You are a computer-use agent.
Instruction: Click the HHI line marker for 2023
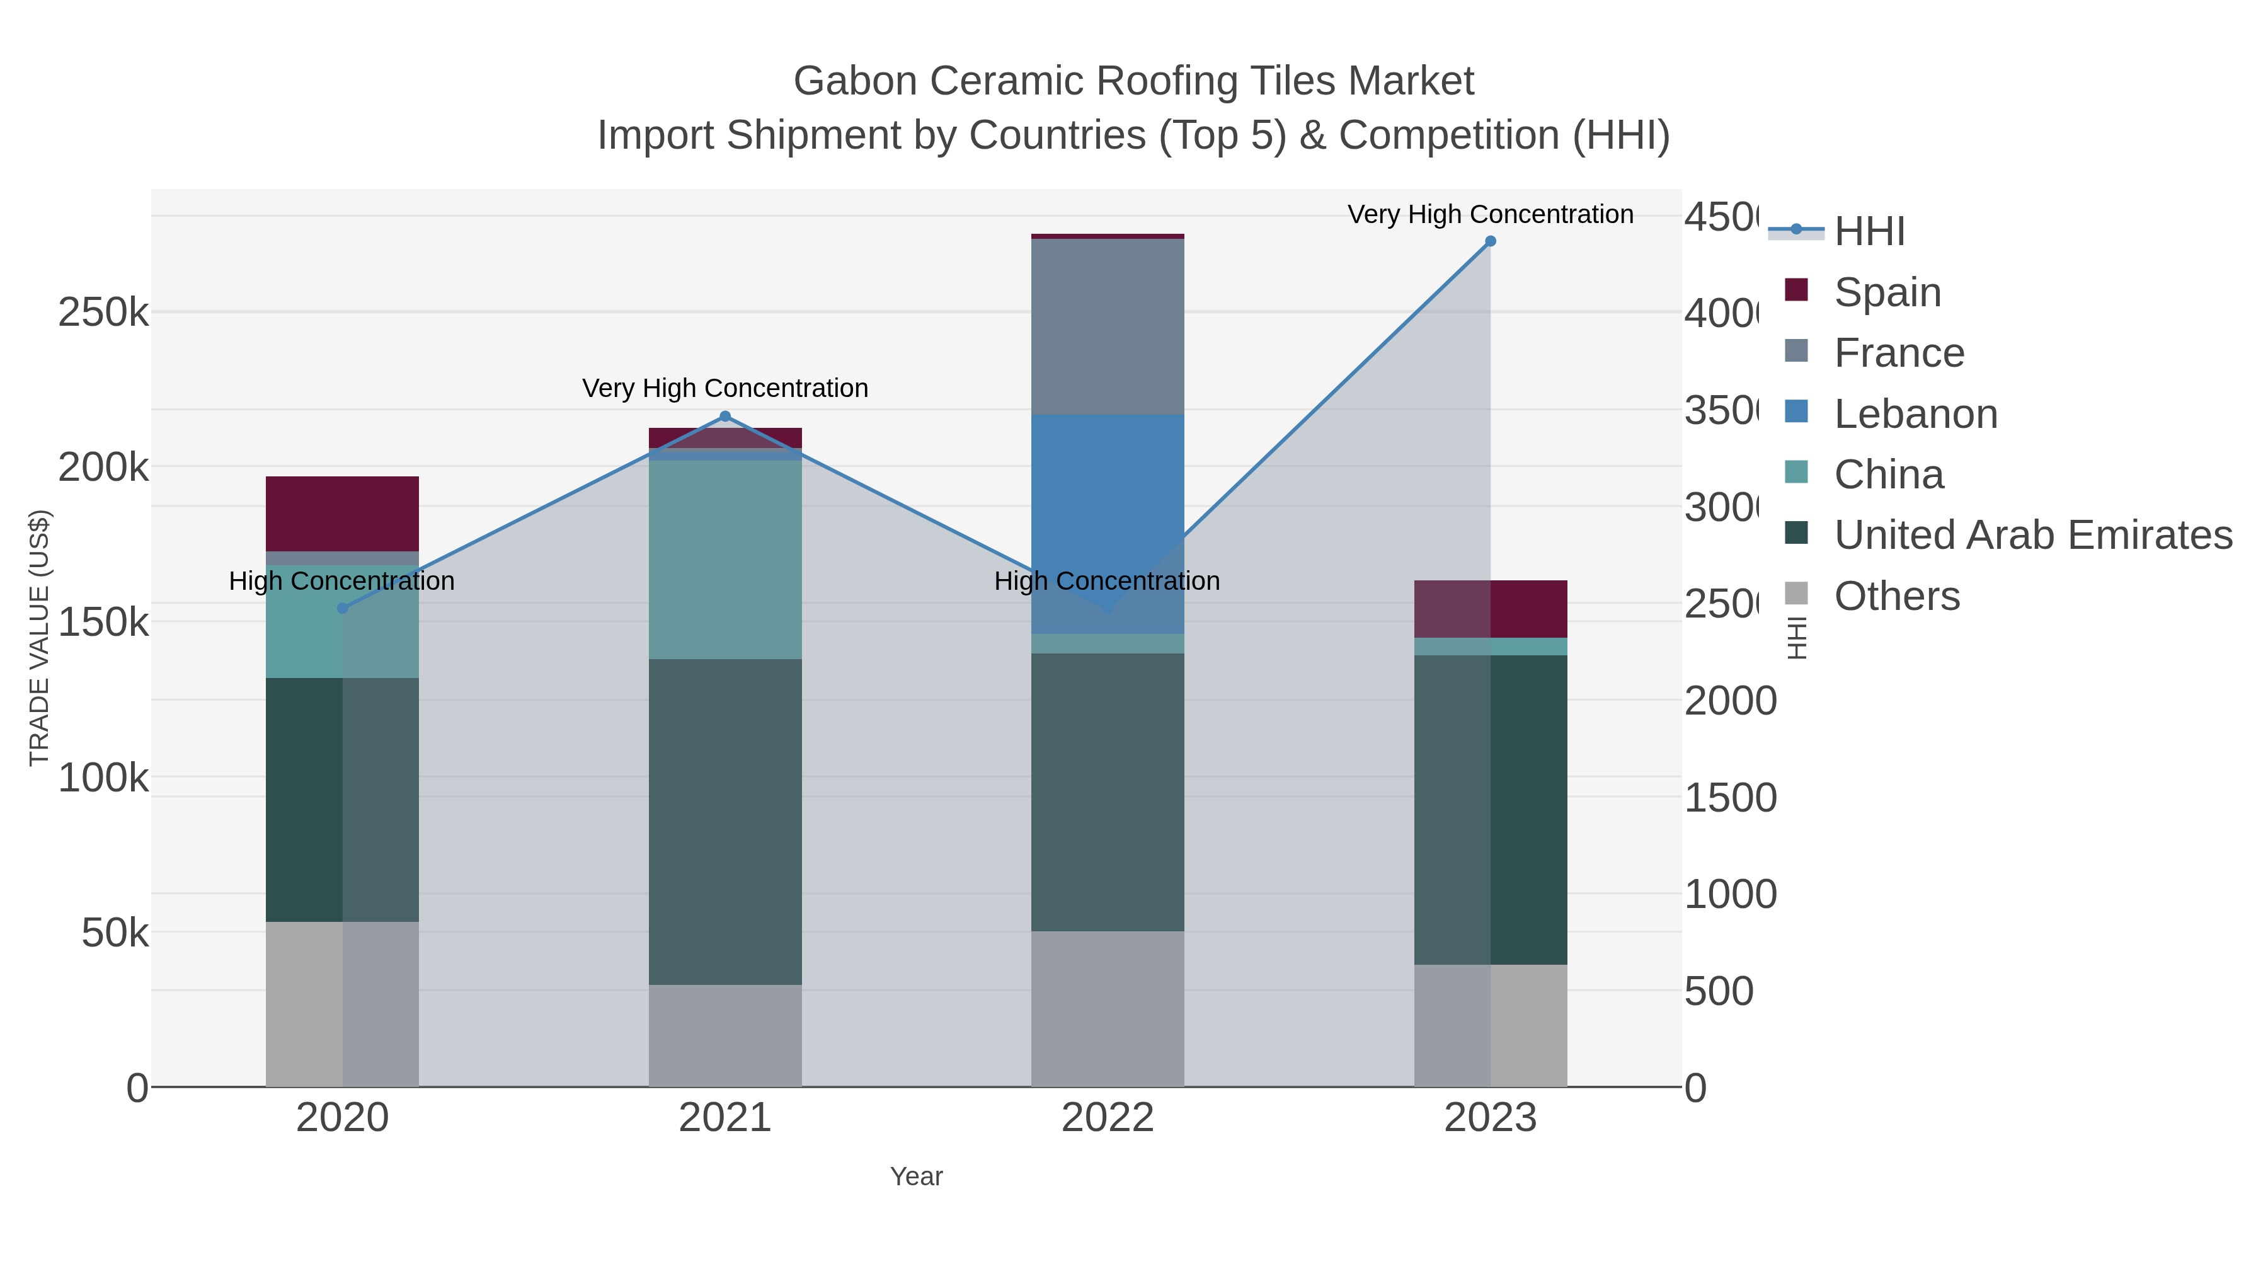tap(1490, 241)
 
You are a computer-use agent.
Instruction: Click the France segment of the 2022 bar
tap(1107, 326)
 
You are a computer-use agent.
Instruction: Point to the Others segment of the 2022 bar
tap(1107, 1008)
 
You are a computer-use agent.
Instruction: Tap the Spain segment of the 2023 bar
tap(1490, 609)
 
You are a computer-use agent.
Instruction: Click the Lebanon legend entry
tap(1915, 414)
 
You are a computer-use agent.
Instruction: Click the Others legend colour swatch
tap(1796, 594)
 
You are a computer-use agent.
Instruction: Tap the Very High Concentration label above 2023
tap(1490, 214)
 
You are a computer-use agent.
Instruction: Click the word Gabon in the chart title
tap(855, 81)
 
